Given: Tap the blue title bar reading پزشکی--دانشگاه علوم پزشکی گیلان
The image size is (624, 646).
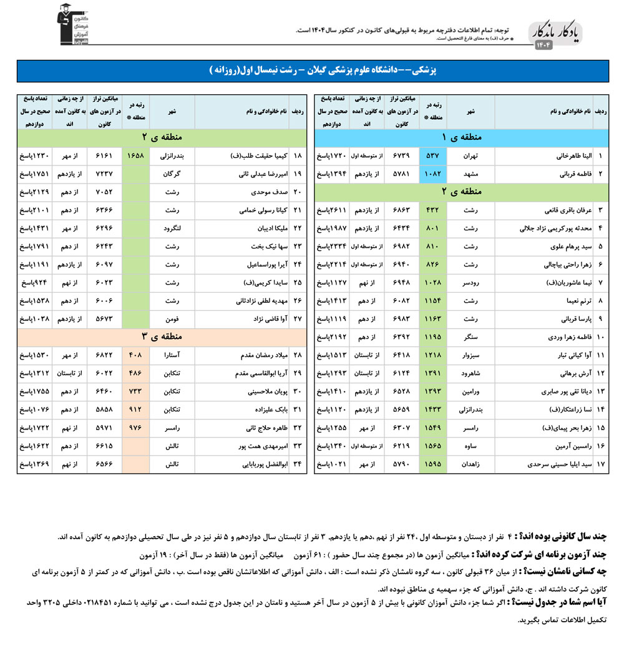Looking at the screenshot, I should [312, 71].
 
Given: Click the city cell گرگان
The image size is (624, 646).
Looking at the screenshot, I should [172, 173].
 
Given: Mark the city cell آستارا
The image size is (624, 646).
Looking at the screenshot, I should [172, 356].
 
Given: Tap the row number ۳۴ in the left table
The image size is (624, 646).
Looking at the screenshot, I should [298, 465].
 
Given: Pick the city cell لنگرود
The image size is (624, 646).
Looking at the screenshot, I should [172, 228].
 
